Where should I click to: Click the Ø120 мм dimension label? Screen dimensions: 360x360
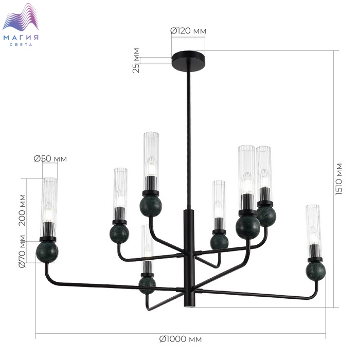[188, 31]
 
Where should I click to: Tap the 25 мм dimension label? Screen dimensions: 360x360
[136, 60]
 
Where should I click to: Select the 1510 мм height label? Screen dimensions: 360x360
[339, 179]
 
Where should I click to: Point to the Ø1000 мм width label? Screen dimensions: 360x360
[181, 339]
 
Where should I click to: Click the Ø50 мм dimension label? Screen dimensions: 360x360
[50, 158]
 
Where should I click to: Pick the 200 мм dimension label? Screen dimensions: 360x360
[22, 210]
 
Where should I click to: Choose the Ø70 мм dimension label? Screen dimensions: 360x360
[22, 251]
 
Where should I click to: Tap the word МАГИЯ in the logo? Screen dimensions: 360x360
[21, 38]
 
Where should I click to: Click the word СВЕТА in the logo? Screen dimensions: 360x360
[21, 45]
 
